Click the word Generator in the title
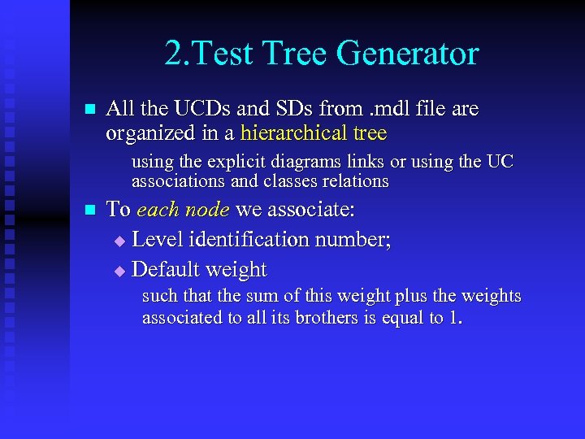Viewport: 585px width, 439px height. [x=407, y=54]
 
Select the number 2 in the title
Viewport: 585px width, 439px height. [x=171, y=54]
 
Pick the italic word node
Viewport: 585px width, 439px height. [x=206, y=210]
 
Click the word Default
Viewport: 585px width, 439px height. [x=164, y=269]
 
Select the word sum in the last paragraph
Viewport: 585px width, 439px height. [x=251, y=297]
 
